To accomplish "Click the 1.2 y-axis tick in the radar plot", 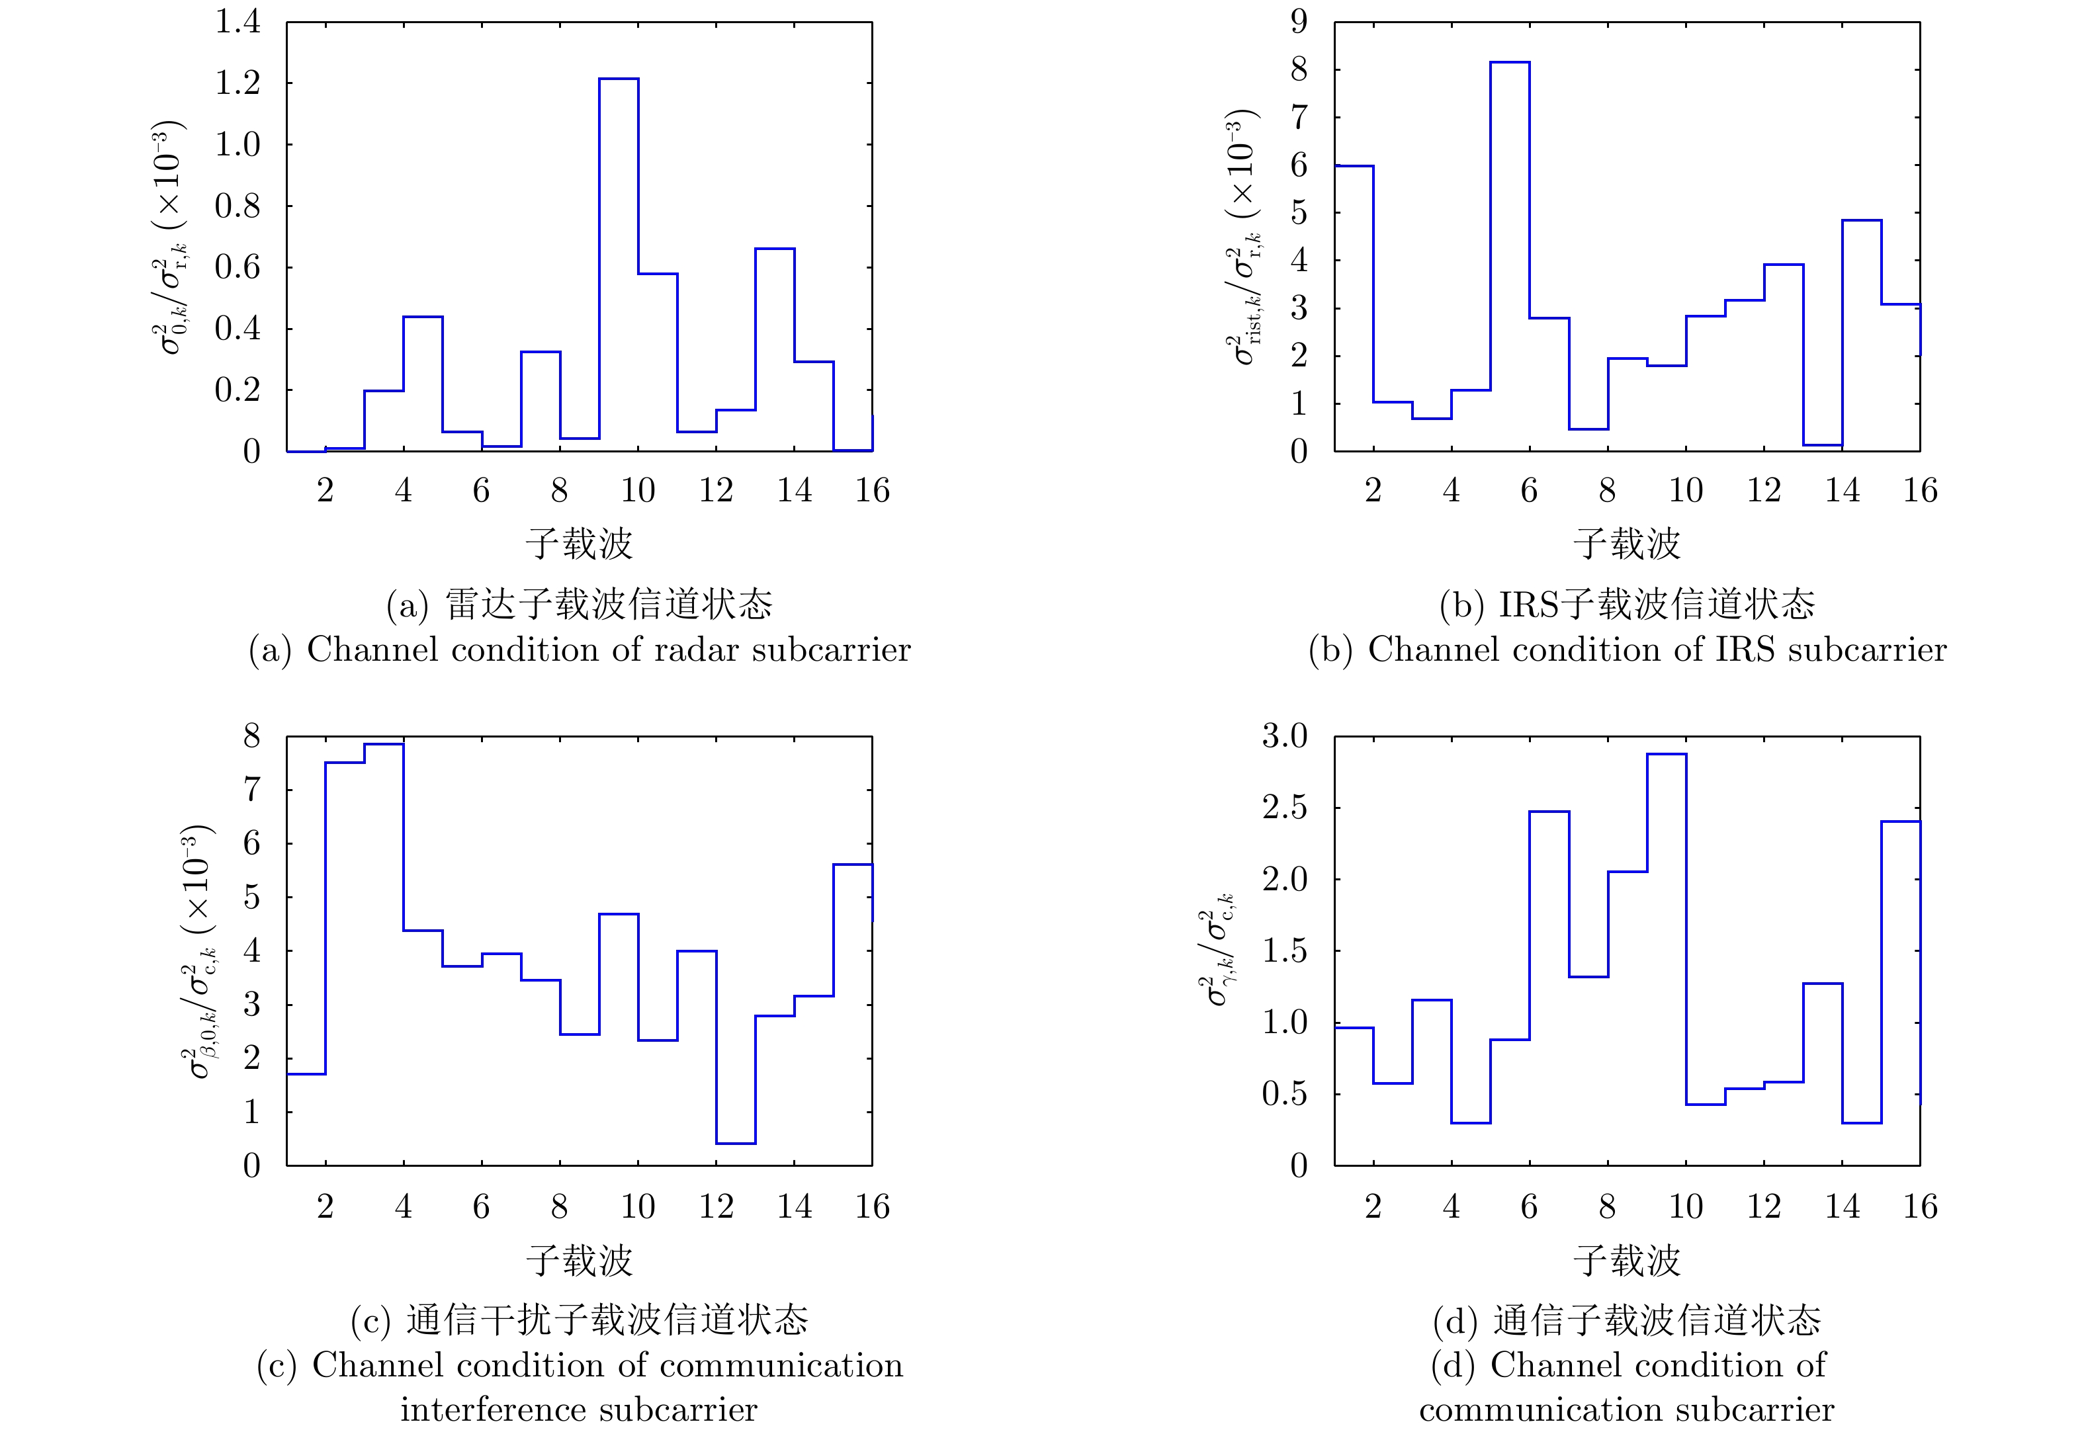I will coord(237,83).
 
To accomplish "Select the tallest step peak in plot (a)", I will coord(619,79).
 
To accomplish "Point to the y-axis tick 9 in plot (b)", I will coord(1299,22).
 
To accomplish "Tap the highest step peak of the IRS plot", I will coord(1510,63).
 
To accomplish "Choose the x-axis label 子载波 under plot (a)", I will coord(579,544).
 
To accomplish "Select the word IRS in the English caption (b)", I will coord(1745,650).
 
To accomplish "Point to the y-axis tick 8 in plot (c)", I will coord(251,737).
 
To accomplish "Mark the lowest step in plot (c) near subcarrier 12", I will coord(735,1143).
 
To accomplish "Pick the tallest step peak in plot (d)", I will coord(1667,755).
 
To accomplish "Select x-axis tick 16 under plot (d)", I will coord(1920,1207).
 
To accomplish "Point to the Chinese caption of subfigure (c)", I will coord(579,1320).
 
